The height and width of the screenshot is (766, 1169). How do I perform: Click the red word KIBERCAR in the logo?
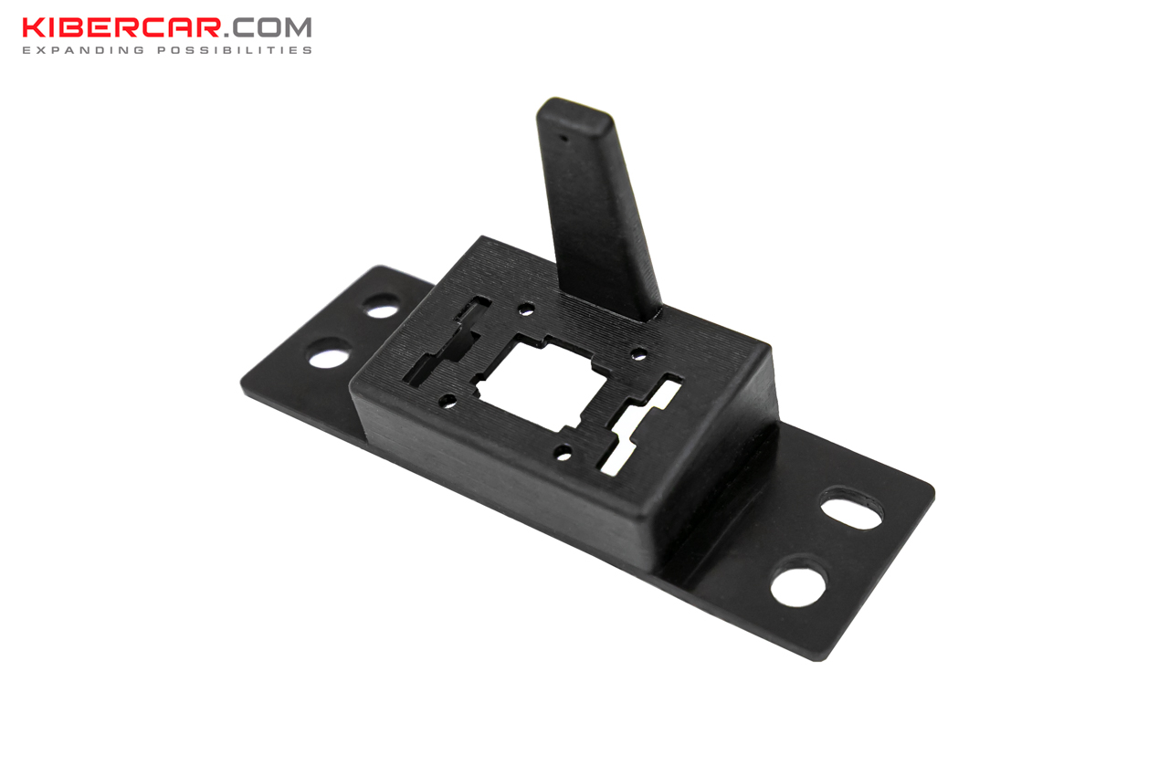[121, 27]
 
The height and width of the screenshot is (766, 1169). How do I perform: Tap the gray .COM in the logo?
[268, 28]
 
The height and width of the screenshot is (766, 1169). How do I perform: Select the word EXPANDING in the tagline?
[83, 50]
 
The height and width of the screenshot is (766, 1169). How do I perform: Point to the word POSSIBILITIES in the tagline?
[235, 50]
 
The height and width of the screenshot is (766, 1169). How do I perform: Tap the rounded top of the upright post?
[574, 110]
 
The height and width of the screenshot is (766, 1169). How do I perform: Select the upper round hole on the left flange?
[382, 306]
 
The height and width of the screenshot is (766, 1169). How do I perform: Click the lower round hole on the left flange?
[330, 353]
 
